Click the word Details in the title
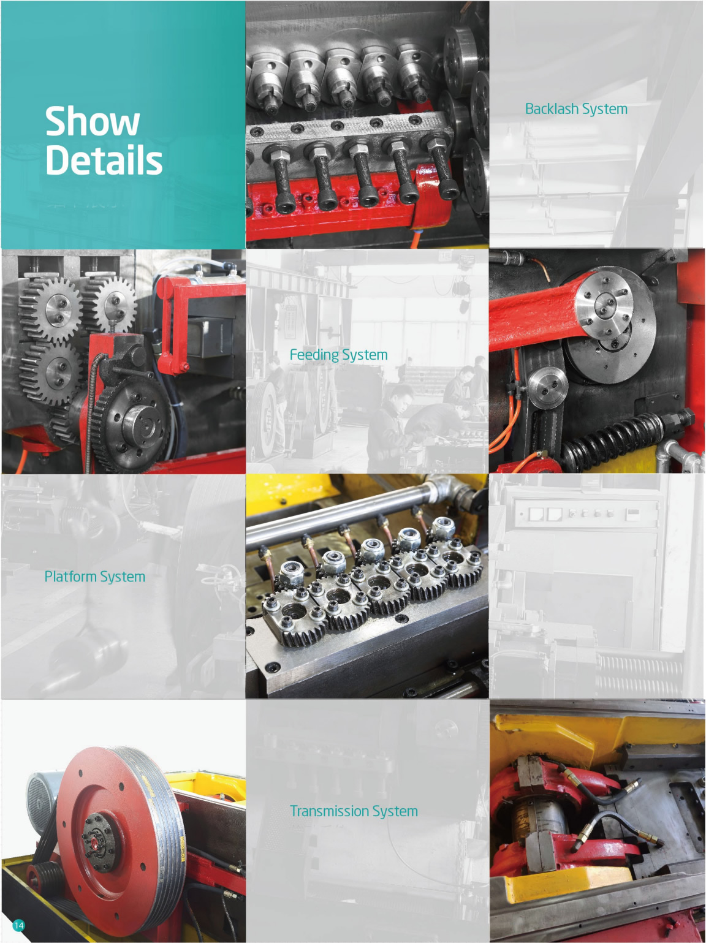[104, 159]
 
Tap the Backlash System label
[576, 109]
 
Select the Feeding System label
[339, 355]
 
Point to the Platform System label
[94, 577]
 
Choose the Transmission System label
[354, 811]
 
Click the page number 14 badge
[18, 925]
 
